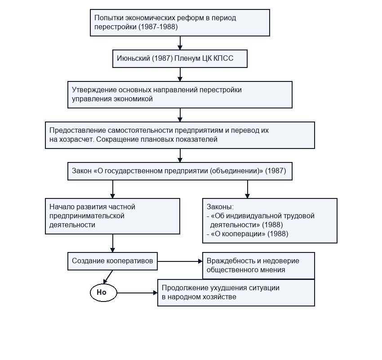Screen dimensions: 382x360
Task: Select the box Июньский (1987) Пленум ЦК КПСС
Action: tap(180, 59)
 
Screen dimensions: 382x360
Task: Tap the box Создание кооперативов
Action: tap(112, 261)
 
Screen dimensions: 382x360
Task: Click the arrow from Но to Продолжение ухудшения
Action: tap(137, 292)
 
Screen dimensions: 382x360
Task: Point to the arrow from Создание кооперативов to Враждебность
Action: tap(180, 261)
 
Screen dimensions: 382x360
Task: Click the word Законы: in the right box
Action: tap(220, 207)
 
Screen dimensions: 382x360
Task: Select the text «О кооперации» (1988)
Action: tap(249, 234)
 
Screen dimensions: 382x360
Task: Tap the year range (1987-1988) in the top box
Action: tap(158, 27)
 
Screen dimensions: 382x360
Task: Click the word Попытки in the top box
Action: tap(108, 18)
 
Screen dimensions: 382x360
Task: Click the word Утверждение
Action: tap(94, 90)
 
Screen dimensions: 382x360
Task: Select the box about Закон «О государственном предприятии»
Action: tap(180, 171)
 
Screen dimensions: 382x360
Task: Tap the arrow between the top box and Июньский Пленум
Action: tap(180, 43)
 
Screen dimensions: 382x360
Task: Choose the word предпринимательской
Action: tap(87, 216)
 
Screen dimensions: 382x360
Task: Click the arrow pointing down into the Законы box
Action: tap(247, 189)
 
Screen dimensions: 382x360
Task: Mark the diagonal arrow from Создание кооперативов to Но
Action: tap(108, 277)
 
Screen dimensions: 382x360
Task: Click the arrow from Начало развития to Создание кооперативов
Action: tap(112, 243)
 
